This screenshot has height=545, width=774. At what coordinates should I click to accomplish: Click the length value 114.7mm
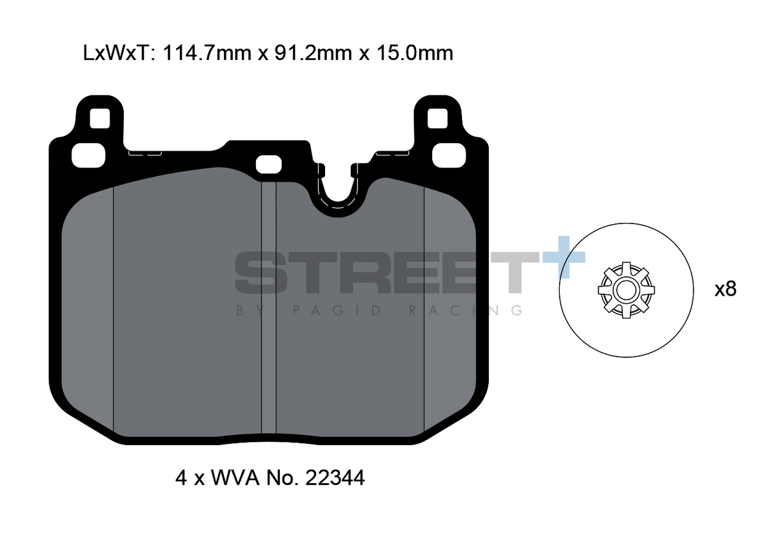[x=206, y=53]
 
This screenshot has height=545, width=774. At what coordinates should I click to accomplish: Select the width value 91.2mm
[x=313, y=53]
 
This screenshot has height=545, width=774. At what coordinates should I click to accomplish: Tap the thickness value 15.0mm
[x=414, y=53]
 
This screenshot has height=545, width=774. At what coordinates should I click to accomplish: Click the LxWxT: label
[x=119, y=53]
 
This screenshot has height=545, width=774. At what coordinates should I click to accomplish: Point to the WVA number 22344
[x=335, y=478]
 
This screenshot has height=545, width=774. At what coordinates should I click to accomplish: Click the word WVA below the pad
[x=235, y=478]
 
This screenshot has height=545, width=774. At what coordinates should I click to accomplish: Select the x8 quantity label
[x=725, y=289]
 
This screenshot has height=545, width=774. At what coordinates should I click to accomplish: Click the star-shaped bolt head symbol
[x=626, y=290]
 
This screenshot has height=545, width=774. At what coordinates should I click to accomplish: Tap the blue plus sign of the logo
[x=564, y=257]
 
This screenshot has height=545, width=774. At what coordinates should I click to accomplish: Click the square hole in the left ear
[x=100, y=119]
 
